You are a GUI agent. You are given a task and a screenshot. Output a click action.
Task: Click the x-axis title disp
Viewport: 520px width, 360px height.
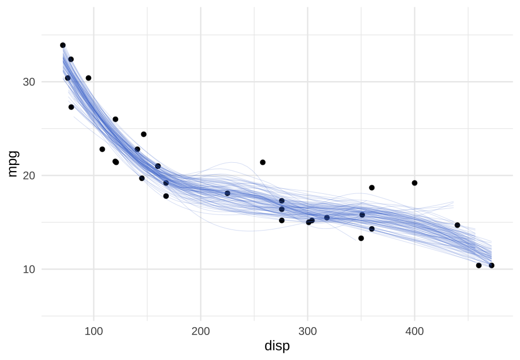[x=277, y=346]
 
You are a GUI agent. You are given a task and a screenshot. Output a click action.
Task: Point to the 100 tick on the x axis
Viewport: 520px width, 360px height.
[x=93, y=332]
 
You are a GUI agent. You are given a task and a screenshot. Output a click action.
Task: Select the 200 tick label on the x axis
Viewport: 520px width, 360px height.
[x=201, y=332]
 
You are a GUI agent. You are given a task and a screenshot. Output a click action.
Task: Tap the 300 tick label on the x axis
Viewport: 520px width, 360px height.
[x=307, y=332]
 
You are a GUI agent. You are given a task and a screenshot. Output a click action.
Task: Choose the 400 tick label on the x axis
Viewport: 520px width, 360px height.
[x=414, y=332]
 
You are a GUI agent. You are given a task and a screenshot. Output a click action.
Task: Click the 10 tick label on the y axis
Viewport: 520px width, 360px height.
[x=28, y=269]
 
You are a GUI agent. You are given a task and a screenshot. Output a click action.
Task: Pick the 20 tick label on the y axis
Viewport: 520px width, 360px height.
[x=28, y=176]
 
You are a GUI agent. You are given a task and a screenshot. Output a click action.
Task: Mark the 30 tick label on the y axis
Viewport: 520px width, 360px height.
[x=28, y=82]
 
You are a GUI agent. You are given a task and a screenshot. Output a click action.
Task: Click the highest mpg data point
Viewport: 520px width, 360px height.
[x=63, y=45]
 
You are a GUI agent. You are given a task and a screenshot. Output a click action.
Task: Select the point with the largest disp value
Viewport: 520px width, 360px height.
[x=492, y=266]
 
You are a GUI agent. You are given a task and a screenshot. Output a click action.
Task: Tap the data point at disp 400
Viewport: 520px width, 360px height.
[x=414, y=183]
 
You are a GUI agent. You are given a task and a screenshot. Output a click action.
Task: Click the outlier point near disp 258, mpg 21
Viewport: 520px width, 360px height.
[x=263, y=162]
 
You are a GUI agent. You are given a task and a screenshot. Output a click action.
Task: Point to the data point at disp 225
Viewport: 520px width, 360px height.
[x=227, y=193]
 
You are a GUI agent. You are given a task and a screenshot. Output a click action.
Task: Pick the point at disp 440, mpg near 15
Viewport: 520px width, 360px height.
[x=457, y=225]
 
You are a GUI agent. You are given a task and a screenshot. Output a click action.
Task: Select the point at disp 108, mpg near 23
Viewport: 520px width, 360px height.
[x=102, y=149]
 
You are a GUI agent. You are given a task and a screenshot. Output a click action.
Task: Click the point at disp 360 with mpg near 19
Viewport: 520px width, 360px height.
[x=372, y=188]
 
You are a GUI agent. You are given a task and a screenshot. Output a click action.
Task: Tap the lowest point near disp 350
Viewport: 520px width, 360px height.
[x=361, y=238]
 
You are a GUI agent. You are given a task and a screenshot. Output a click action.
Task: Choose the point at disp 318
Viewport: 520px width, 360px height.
[x=327, y=218]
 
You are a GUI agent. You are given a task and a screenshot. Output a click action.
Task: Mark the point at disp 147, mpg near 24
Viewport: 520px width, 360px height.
[x=143, y=134]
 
